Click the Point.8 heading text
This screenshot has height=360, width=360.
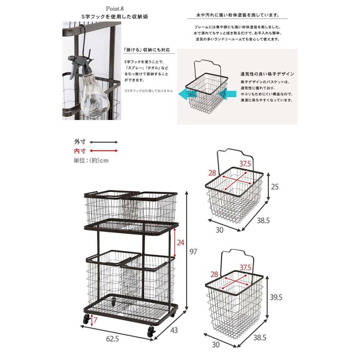pyautogui.click(x=114, y=9)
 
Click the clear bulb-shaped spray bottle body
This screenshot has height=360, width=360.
pyautogui.click(x=94, y=96)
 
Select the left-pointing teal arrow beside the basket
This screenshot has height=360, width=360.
pyautogui.click(x=187, y=94)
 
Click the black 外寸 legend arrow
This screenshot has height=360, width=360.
pyautogui.click(x=104, y=142)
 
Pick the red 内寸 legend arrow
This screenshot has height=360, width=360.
pyautogui.click(x=104, y=151)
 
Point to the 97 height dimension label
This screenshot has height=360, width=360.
pyautogui.click(x=193, y=252)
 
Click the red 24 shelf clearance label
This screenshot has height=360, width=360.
pyautogui.click(x=180, y=243)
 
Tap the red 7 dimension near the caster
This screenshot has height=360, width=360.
pyautogui.click(x=96, y=320)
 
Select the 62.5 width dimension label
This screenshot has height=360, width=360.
pyautogui.click(x=112, y=339)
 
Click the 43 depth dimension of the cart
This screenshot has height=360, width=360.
pyautogui.click(x=174, y=330)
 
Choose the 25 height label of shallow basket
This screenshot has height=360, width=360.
pyautogui.click(x=274, y=187)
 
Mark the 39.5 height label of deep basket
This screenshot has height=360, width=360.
pyautogui.click(x=276, y=297)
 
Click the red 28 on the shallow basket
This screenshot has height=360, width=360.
pyautogui.click(x=212, y=173)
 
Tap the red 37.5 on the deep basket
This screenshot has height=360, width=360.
pyautogui.click(x=246, y=268)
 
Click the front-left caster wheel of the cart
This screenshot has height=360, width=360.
pyautogui.click(x=86, y=319)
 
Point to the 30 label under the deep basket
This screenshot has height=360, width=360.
pyautogui.click(x=216, y=344)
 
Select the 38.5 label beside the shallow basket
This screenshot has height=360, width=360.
pyautogui.click(x=263, y=221)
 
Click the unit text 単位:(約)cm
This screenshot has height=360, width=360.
pyautogui.click(x=91, y=160)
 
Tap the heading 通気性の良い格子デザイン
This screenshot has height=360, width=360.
pyautogui.click(x=267, y=74)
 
